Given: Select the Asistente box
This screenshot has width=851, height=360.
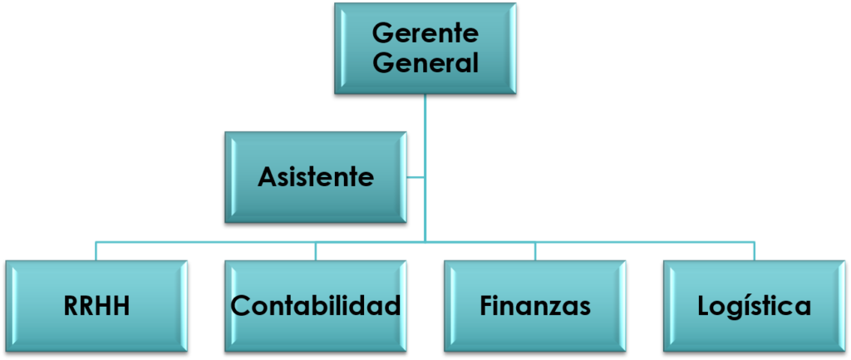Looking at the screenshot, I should pyautogui.click(x=316, y=176).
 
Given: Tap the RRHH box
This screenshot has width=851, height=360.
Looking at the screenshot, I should pyautogui.click(x=96, y=305).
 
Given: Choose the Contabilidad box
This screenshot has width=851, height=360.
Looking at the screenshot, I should pyautogui.click(x=316, y=305).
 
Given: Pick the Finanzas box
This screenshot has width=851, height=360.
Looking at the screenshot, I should pyautogui.click(x=535, y=305).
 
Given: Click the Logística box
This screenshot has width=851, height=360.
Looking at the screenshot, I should pyautogui.click(x=755, y=305).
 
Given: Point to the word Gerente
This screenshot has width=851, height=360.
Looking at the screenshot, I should pyautogui.click(x=425, y=34).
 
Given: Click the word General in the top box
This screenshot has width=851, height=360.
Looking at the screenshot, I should pyautogui.click(x=425, y=62).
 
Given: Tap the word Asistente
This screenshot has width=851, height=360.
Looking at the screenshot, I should pyautogui.click(x=316, y=177).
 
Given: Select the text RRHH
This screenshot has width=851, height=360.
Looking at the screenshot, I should pyautogui.click(x=97, y=306).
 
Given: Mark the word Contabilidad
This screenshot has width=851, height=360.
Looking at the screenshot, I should pyautogui.click(x=316, y=306).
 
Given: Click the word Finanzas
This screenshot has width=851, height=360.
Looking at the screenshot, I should pyautogui.click(x=535, y=306).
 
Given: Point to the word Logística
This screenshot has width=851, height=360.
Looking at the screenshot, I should pyautogui.click(x=755, y=306).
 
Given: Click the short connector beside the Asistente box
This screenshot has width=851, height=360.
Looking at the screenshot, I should pyautogui.click(x=416, y=177).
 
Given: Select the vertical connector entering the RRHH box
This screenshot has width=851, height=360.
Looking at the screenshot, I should pyautogui.click(x=96, y=251).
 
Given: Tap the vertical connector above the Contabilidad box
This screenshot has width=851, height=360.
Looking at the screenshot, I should pyautogui.click(x=316, y=251).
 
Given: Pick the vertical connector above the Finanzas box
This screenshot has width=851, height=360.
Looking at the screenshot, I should pyautogui.click(x=535, y=251).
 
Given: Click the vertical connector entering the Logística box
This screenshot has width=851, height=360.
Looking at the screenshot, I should pyautogui.click(x=755, y=251).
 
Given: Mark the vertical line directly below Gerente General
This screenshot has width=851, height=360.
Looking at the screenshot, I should pyautogui.click(x=425, y=125).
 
